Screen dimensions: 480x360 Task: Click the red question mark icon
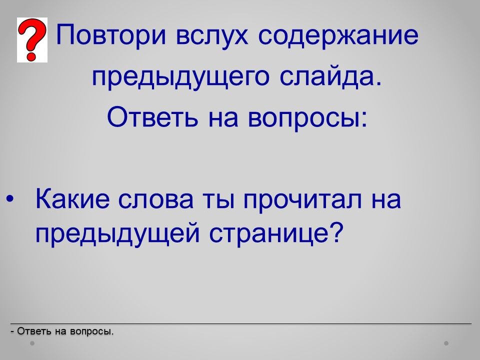point(32,40)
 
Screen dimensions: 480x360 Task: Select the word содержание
point(338,34)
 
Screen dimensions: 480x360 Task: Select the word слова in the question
point(156,201)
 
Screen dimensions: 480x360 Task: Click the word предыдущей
point(118,234)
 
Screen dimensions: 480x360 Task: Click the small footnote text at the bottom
point(62,331)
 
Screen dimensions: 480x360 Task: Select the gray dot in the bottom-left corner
point(32,343)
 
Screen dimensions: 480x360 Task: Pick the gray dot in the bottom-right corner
point(446,343)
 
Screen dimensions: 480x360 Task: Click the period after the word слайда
point(379,84)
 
